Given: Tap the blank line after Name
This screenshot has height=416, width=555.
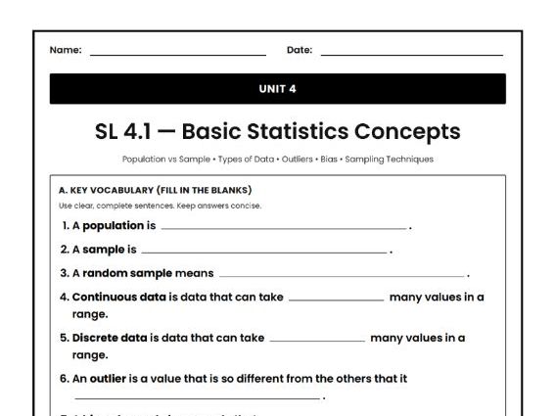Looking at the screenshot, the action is [177, 54].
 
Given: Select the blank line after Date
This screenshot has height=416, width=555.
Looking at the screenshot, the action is [411, 54].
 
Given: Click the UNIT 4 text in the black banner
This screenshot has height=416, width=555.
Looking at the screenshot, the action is [277, 89].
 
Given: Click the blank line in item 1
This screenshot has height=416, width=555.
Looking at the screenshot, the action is [283, 228].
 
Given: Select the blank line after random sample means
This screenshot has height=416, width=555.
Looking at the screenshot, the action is [342, 276].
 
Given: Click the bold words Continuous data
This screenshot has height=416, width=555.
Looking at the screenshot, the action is [110, 297].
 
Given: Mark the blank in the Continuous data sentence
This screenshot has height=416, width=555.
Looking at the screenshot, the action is [337, 300].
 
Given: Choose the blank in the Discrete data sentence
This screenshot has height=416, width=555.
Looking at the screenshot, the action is [316, 341].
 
